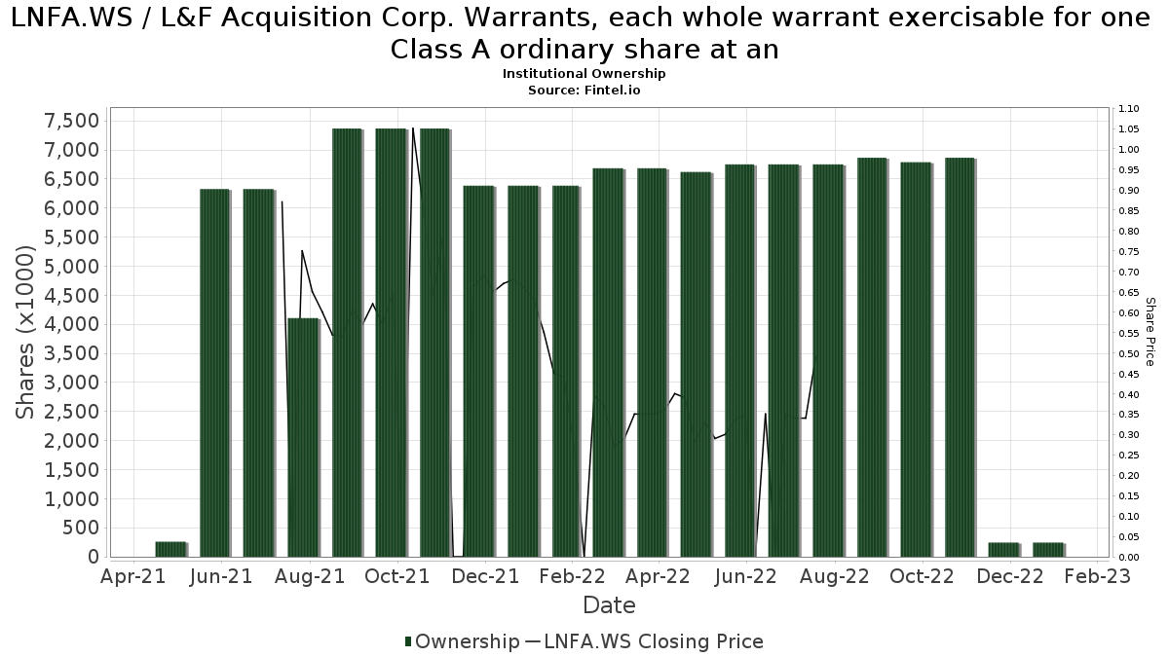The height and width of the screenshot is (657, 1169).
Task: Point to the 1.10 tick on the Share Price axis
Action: pyautogui.click(x=1128, y=109)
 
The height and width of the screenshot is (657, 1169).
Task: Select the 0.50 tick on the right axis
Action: pyautogui.click(x=1128, y=353)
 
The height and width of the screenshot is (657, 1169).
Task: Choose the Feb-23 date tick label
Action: pyautogui.click(x=1097, y=577)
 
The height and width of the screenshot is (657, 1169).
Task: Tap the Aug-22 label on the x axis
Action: pyautogui.click(x=834, y=577)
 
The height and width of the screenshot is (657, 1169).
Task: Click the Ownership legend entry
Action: pyautogui.click(x=462, y=641)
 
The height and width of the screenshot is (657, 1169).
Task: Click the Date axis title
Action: pyautogui.click(x=609, y=605)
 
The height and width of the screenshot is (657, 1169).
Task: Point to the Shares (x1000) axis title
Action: pyautogui.click(x=26, y=332)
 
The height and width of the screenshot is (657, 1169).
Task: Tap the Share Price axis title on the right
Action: pyautogui.click(x=1150, y=332)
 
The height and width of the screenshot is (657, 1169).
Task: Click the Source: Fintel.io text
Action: pyautogui.click(x=584, y=90)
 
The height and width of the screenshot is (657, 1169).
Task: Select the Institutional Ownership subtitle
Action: pyautogui.click(x=584, y=74)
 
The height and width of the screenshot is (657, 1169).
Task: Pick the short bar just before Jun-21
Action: pyautogui.click(x=170, y=549)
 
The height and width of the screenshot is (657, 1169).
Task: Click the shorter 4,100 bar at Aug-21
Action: pyautogui.click(x=303, y=437)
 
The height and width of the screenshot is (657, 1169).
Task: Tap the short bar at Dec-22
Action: pyautogui.click(x=1003, y=550)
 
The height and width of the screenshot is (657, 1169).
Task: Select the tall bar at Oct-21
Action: pyautogui.click(x=391, y=343)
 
